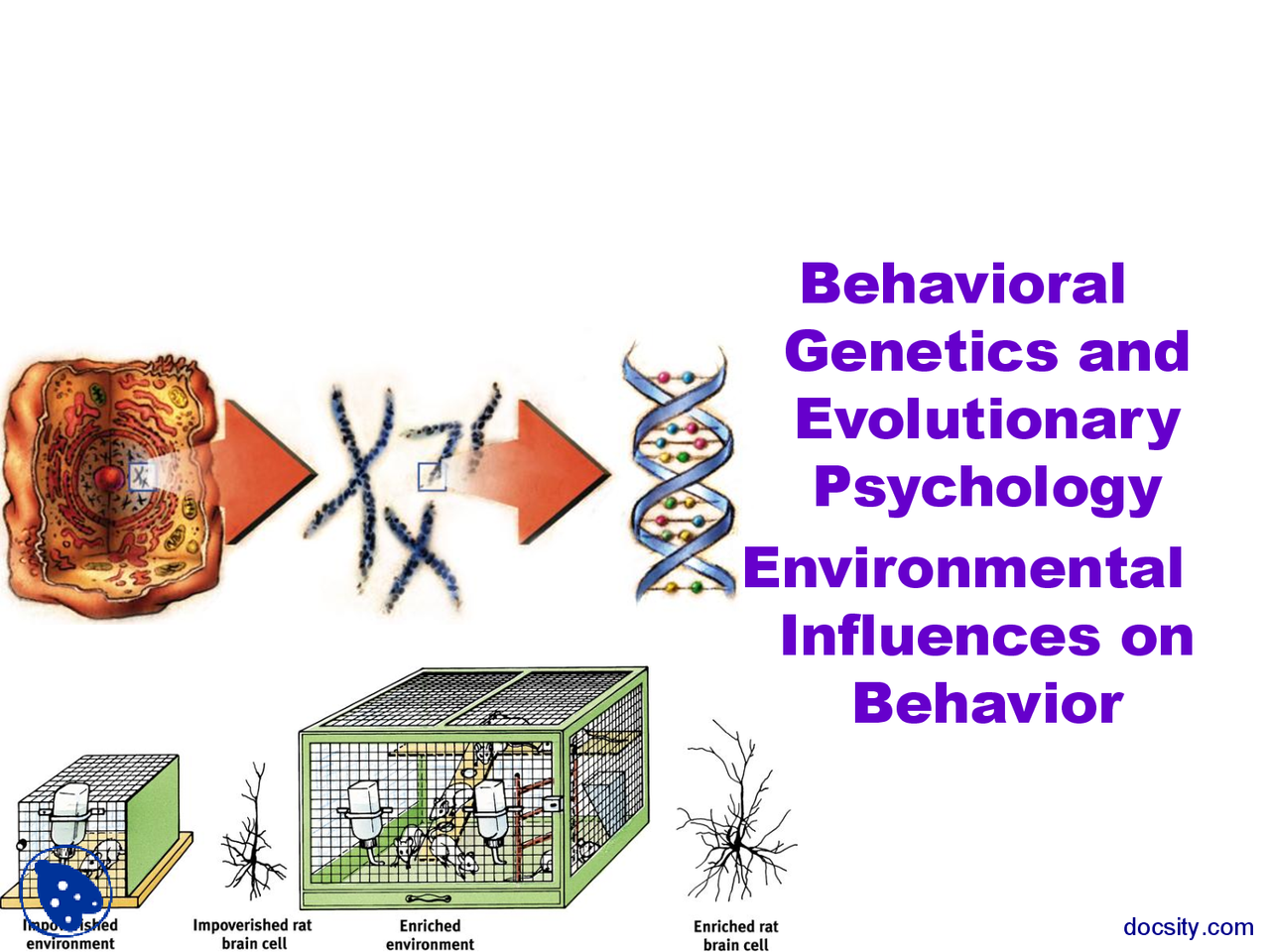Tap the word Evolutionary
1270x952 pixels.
987,420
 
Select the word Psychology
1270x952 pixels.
987,488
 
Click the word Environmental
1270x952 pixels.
962,568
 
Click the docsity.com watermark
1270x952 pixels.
1188,927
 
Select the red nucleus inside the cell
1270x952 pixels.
109,479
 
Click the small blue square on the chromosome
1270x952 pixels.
432,476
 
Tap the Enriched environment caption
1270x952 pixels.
430,934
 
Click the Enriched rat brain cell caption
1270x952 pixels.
735,935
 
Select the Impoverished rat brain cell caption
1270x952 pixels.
252,934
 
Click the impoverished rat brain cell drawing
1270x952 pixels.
254,838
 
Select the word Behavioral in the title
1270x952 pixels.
962,285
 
